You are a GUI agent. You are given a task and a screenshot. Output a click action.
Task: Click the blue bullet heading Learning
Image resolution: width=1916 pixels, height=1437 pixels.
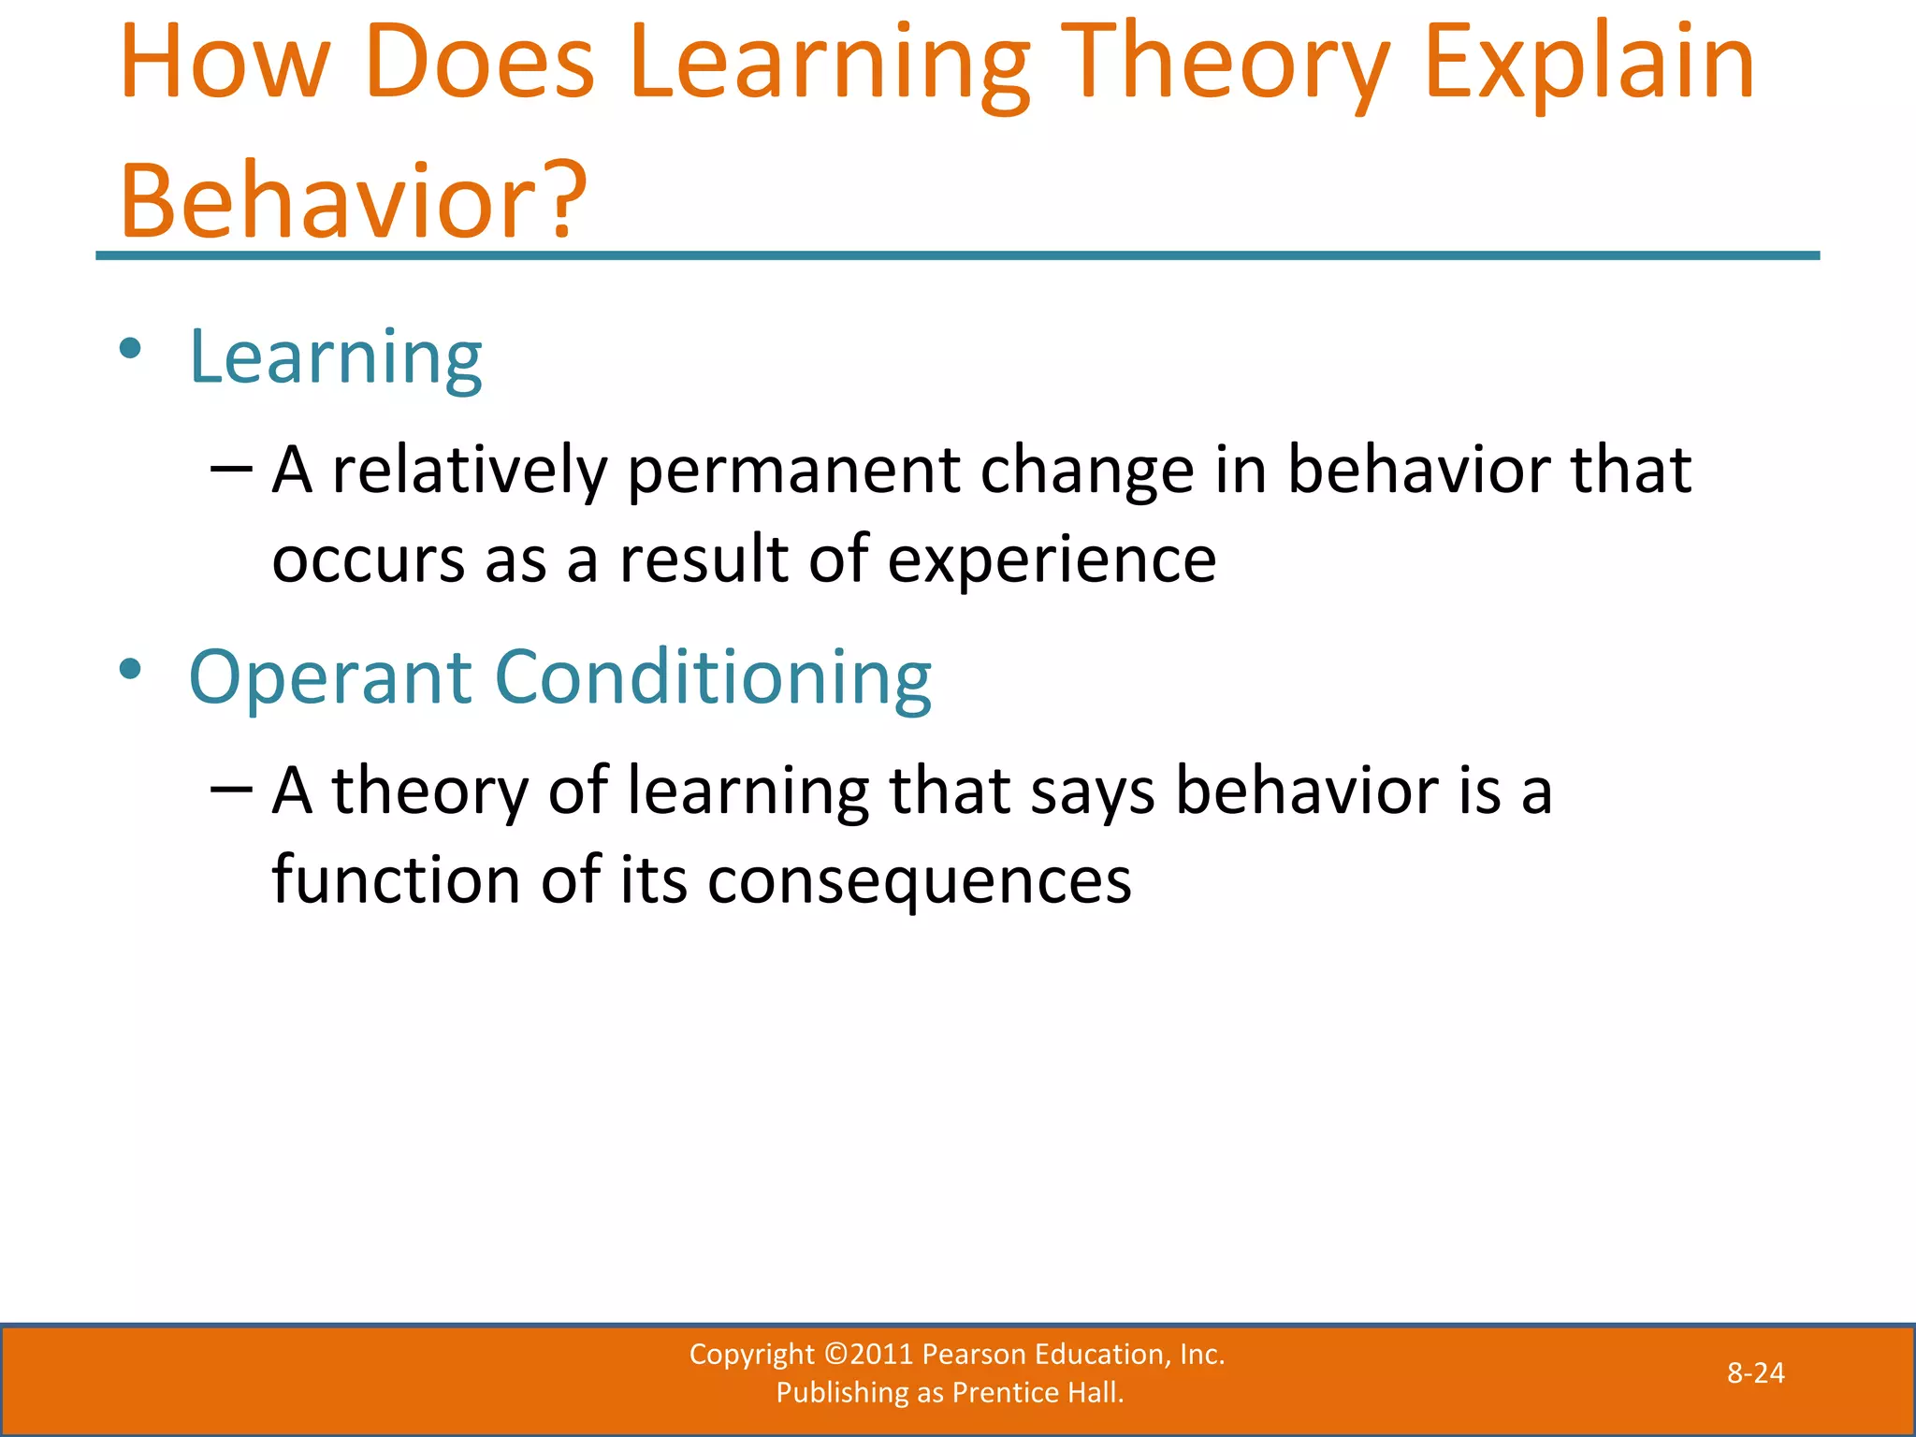(335, 357)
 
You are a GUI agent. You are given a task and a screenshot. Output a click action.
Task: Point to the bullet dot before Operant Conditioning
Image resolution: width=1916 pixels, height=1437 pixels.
(130, 670)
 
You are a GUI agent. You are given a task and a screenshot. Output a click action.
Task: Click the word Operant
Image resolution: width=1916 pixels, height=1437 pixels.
(330, 677)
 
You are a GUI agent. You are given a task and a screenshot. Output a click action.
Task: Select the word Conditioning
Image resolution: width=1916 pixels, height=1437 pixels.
(713, 677)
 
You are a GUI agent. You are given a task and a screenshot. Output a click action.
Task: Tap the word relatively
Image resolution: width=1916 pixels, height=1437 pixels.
(470, 470)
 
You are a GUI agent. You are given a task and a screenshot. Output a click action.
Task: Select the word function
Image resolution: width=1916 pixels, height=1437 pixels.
(396, 881)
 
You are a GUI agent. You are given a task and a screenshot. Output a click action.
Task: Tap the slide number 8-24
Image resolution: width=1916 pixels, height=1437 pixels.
(1755, 1372)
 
